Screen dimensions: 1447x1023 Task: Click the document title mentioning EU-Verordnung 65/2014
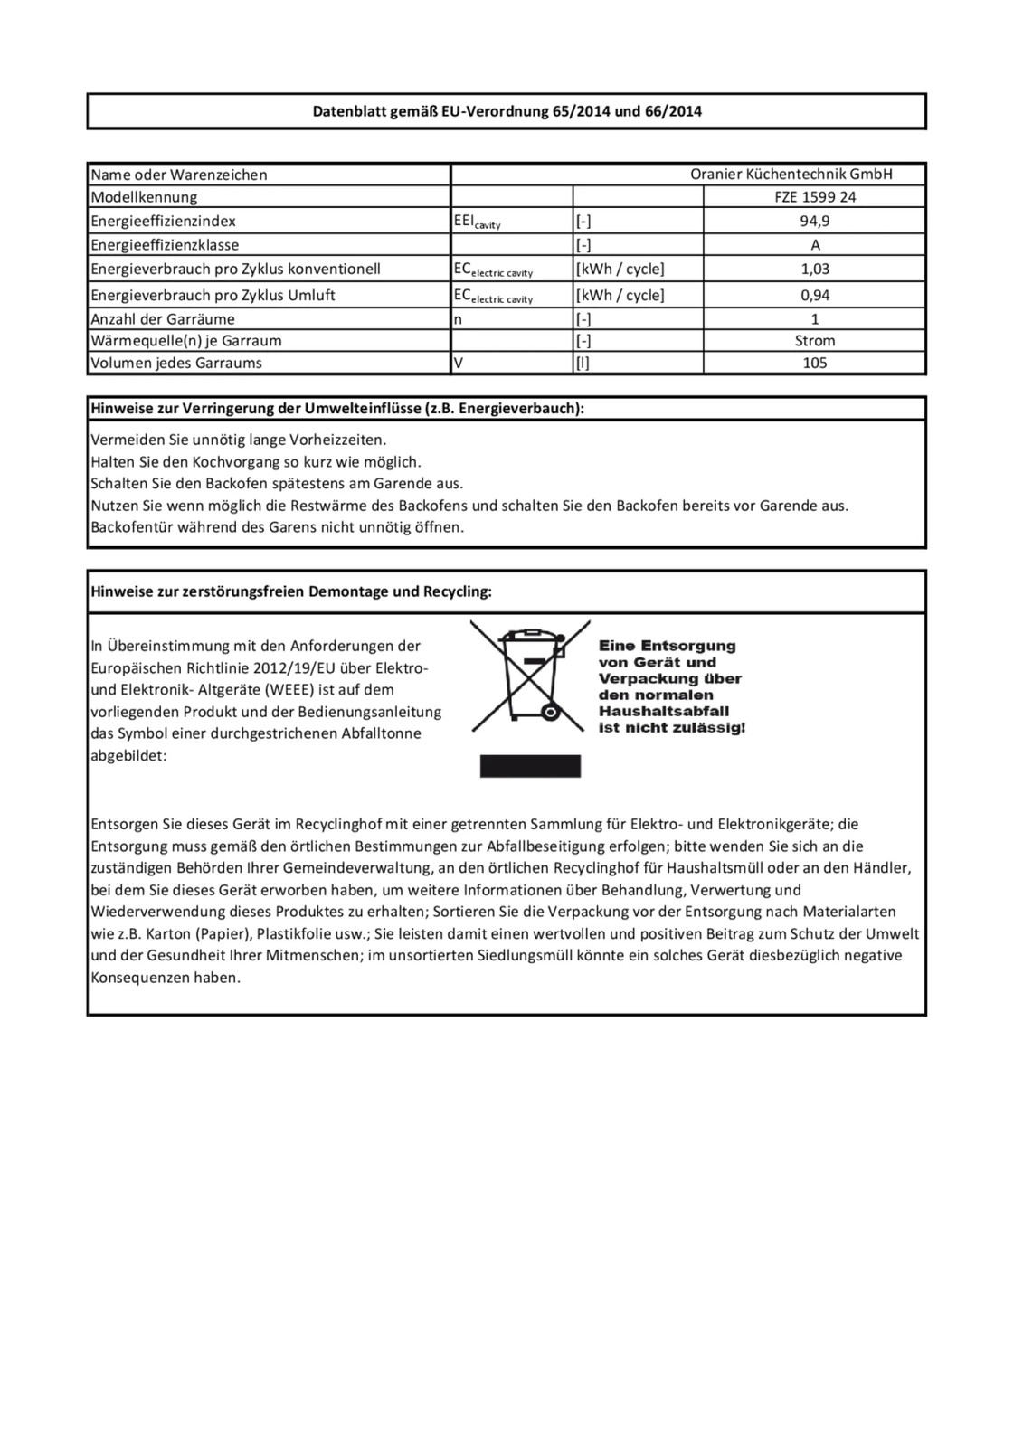pyautogui.click(x=507, y=112)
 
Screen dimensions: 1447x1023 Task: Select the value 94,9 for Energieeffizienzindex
pyautogui.click(x=815, y=221)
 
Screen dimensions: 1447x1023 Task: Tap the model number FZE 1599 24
pyautogui.click(x=815, y=197)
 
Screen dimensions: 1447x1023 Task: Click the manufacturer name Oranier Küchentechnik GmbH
pyautogui.click(x=791, y=175)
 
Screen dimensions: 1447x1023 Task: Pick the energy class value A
pyautogui.click(x=815, y=245)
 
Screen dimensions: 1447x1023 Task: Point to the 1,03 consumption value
pyautogui.click(x=815, y=269)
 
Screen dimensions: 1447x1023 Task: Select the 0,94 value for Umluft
pyautogui.click(x=815, y=295)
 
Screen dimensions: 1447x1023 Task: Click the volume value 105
pyautogui.click(x=815, y=363)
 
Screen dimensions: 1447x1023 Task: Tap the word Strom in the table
pyautogui.click(x=815, y=341)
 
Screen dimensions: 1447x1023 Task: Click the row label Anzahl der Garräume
pyautogui.click(x=163, y=319)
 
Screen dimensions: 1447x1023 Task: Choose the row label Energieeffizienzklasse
pyautogui.click(x=165, y=245)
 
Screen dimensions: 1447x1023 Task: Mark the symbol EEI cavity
pyautogui.click(x=477, y=222)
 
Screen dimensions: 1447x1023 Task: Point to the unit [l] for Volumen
pyautogui.click(x=583, y=363)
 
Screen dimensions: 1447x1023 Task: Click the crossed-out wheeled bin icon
pyautogui.click(x=530, y=679)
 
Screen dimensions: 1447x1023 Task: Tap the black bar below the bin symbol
pyautogui.click(x=530, y=766)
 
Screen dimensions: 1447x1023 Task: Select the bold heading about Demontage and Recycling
pyautogui.click(x=291, y=592)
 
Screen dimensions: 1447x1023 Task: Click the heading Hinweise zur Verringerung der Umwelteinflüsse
pyautogui.click(x=337, y=409)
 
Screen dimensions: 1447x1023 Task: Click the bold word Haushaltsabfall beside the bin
pyautogui.click(x=663, y=712)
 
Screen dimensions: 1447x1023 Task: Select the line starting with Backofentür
pyautogui.click(x=277, y=527)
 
